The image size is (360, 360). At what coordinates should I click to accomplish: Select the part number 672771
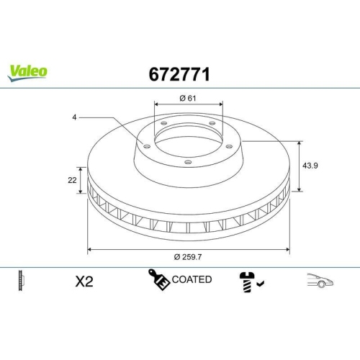click(x=179, y=73)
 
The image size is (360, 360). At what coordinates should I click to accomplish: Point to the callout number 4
click(x=74, y=117)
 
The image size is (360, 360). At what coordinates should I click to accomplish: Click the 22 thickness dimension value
click(x=73, y=180)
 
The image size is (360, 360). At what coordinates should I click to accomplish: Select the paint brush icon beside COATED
click(x=158, y=279)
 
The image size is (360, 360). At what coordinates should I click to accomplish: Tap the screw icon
click(x=246, y=282)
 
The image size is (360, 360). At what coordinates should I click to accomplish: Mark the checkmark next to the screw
click(x=260, y=285)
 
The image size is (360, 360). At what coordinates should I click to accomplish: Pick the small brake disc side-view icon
click(x=20, y=281)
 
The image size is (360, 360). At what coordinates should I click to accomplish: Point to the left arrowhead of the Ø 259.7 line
click(x=90, y=248)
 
